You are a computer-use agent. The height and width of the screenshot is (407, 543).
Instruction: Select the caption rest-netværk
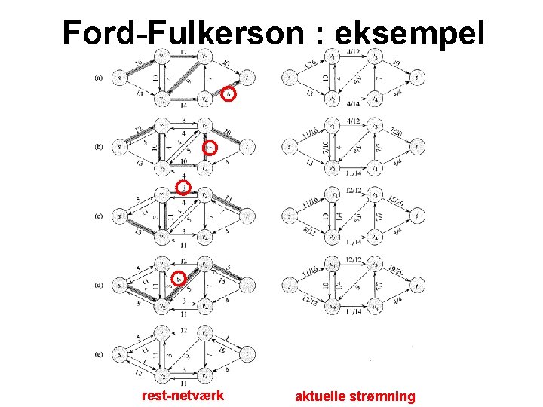click(x=183, y=395)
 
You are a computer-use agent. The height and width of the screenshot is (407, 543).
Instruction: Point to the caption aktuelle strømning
click(x=354, y=396)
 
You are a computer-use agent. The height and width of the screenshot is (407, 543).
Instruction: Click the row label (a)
click(x=99, y=77)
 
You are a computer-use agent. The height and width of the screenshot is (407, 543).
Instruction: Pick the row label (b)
click(x=99, y=147)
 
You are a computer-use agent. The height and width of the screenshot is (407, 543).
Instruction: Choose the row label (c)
click(x=99, y=216)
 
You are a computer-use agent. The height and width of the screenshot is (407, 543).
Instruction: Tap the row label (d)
click(x=99, y=286)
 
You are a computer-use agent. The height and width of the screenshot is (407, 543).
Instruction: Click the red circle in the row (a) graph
click(x=231, y=93)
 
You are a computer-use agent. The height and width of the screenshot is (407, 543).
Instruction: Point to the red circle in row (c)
click(x=182, y=187)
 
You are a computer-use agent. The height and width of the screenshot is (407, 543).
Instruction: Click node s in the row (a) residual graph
click(x=119, y=77)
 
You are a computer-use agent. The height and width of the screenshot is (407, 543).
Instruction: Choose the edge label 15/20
click(x=394, y=201)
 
